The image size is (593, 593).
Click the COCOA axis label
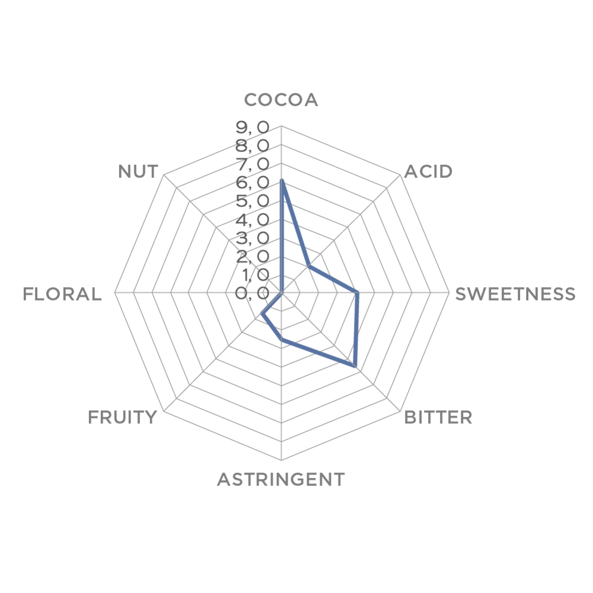click(x=281, y=100)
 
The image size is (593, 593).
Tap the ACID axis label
click(x=428, y=172)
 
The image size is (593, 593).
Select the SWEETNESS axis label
click(x=515, y=294)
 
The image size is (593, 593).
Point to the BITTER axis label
click(x=438, y=417)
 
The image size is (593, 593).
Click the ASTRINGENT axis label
click(x=281, y=479)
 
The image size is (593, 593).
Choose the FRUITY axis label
click(x=122, y=417)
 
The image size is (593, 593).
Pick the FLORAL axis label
click(x=62, y=294)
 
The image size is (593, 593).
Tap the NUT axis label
click(x=138, y=172)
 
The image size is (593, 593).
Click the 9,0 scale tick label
click(x=253, y=128)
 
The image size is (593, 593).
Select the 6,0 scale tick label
click(x=253, y=183)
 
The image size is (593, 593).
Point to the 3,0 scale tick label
click(x=253, y=238)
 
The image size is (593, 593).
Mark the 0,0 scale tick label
click(x=253, y=293)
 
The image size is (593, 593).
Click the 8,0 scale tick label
click(x=253, y=146)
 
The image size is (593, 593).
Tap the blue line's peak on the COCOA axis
click(x=281, y=181)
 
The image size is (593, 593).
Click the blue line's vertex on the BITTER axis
click(x=355, y=366)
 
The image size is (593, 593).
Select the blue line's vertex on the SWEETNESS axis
click(x=357, y=292)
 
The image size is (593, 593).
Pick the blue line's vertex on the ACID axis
click(x=309, y=266)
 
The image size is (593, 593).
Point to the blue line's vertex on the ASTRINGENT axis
click(x=281, y=339)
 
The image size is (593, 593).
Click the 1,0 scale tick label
click(x=253, y=275)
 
